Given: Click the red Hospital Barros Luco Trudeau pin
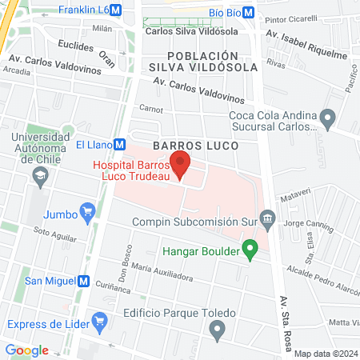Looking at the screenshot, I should (x=181, y=164).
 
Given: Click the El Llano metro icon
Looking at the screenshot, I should (x=120, y=145).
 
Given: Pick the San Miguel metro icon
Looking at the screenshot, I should (x=82, y=281).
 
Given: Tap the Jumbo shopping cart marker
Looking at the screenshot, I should (x=89, y=214).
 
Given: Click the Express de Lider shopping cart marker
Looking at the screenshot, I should (x=99, y=323).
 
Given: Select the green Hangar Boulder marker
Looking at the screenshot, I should (x=250, y=251).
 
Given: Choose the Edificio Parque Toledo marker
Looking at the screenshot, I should (x=216, y=329).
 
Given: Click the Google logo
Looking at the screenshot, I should (x=26, y=350).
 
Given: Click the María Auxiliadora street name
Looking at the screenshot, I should (x=163, y=272).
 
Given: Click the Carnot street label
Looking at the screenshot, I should (x=151, y=109).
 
